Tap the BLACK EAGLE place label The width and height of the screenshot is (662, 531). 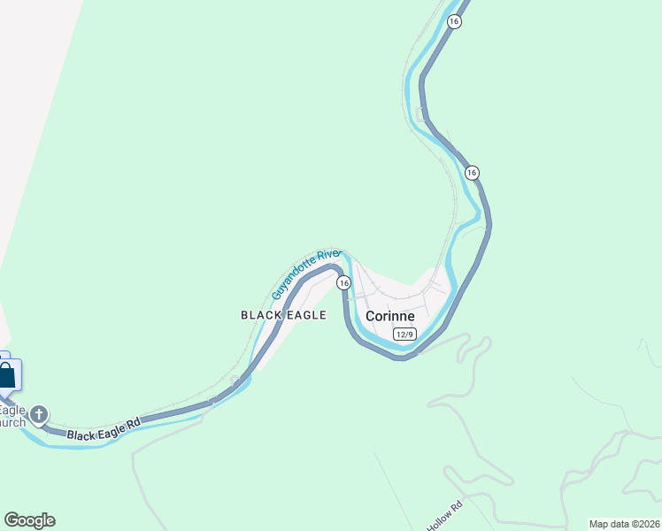point(283,315)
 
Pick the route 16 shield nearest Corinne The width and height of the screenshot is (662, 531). point(343,282)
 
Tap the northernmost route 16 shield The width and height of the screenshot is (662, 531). point(454,21)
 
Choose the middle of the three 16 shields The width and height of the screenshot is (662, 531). point(472,173)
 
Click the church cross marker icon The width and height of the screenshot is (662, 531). point(39,414)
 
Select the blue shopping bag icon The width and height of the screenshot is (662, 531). point(6,375)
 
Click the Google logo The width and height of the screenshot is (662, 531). point(29,520)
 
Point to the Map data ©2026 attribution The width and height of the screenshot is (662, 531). point(624,524)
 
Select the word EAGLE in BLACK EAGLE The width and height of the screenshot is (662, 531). point(307,315)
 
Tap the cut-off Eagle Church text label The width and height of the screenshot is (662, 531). point(12,416)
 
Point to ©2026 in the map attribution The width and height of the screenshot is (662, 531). point(644,524)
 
